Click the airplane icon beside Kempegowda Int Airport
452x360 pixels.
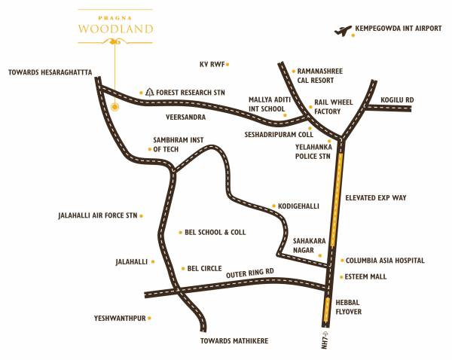click(344, 31)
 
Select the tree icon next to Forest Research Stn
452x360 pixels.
click(150, 93)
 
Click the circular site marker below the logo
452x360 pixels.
click(115, 107)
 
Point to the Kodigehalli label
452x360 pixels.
click(299, 206)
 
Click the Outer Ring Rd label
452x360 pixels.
click(249, 272)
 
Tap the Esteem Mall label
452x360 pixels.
click(365, 277)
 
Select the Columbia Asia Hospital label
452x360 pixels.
click(385, 261)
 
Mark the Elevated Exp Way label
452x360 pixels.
click(376, 197)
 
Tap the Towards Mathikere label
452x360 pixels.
click(234, 341)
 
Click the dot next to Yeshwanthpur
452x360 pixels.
click(150, 319)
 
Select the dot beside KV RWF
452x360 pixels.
click(228, 64)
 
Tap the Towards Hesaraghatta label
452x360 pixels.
click(50, 72)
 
